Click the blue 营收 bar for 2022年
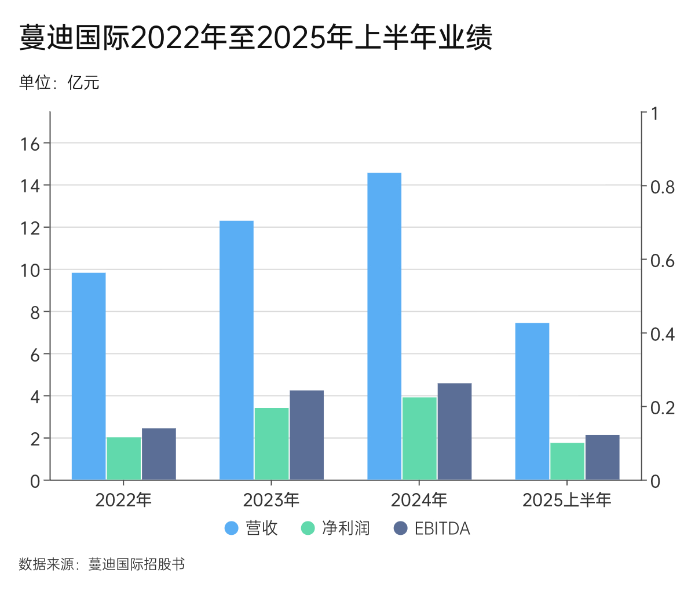89,376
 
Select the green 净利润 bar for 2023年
272,444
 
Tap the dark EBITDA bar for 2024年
455,432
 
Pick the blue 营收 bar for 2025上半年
532,401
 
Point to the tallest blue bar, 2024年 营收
385,326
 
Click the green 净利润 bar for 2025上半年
568,461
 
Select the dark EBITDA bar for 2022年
159,454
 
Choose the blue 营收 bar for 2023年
236,350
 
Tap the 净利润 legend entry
336,528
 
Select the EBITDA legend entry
431,528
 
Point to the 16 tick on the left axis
30,144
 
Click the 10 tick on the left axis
30,270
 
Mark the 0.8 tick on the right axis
662,187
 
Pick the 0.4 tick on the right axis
662,334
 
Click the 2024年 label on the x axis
419,499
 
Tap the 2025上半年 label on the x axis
567,499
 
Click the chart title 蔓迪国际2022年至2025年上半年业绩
255,38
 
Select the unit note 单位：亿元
59,82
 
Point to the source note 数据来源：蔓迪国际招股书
102,564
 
